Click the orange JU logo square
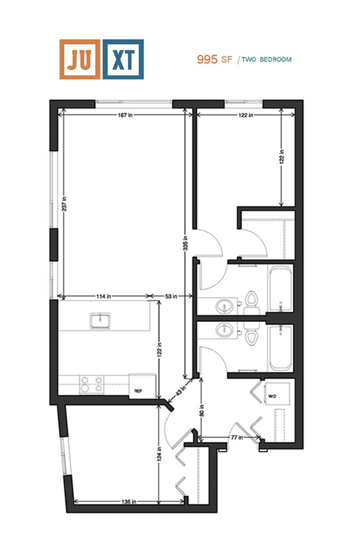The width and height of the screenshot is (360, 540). (79, 59)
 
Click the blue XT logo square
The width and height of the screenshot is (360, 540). (123, 59)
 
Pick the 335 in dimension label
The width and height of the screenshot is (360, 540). (185, 245)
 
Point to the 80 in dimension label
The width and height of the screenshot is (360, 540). (201, 409)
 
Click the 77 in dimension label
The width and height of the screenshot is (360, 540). (236, 438)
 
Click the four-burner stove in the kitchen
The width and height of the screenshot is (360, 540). (92, 384)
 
